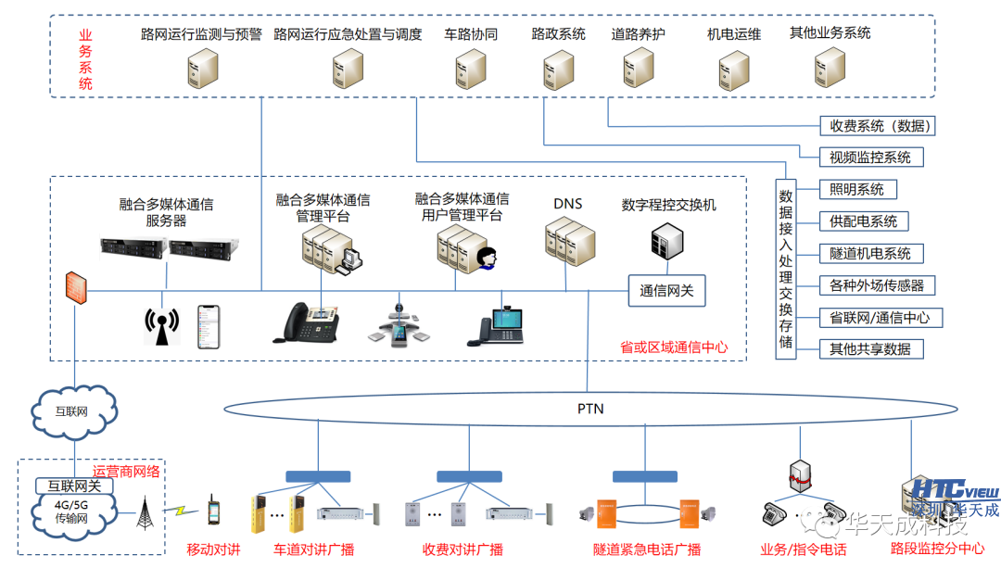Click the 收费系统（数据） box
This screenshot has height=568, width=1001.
(x=877, y=126)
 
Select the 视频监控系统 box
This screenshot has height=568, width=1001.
(x=870, y=158)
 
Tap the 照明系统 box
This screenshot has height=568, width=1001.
(x=857, y=190)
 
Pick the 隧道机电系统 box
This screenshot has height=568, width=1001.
(x=870, y=253)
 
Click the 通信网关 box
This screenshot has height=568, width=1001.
(x=666, y=291)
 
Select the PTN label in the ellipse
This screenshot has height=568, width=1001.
(x=590, y=408)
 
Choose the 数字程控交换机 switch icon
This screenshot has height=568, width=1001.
(x=667, y=241)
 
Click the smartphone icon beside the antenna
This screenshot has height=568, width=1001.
(x=209, y=327)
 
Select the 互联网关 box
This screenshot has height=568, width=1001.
(x=74, y=486)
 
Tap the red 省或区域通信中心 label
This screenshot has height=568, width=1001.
(x=674, y=347)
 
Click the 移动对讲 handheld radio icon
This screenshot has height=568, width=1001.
(x=213, y=511)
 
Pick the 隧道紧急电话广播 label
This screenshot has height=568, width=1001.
(x=647, y=549)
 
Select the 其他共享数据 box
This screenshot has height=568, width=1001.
(x=870, y=349)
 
